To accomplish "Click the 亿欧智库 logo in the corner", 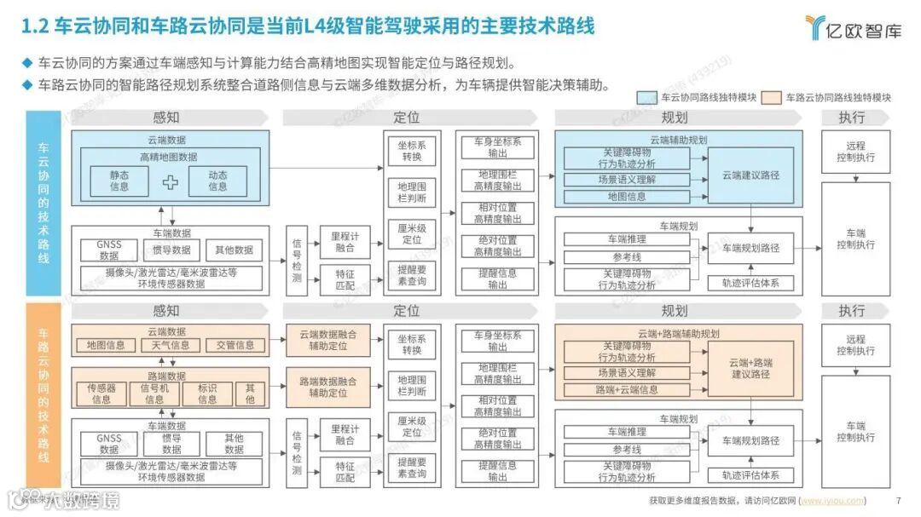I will pyautogui.click(x=853, y=27).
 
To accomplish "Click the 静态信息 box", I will pyautogui.click(x=119, y=181).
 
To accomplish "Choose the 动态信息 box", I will pyautogui.click(x=217, y=181).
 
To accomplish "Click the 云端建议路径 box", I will pyautogui.click(x=750, y=175).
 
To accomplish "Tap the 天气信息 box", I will pyautogui.click(x=171, y=345).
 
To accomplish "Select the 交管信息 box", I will pyautogui.click(x=235, y=345).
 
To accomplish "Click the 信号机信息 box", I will pyautogui.click(x=154, y=393).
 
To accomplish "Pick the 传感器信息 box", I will pyautogui.click(x=101, y=393).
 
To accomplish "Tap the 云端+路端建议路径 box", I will pyautogui.click(x=750, y=368).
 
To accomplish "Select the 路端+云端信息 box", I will pyautogui.click(x=627, y=390).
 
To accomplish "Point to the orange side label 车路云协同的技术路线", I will pyautogui.click(x=43, y=396).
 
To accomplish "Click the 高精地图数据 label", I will pyautogui.click(x=169, y=157).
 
